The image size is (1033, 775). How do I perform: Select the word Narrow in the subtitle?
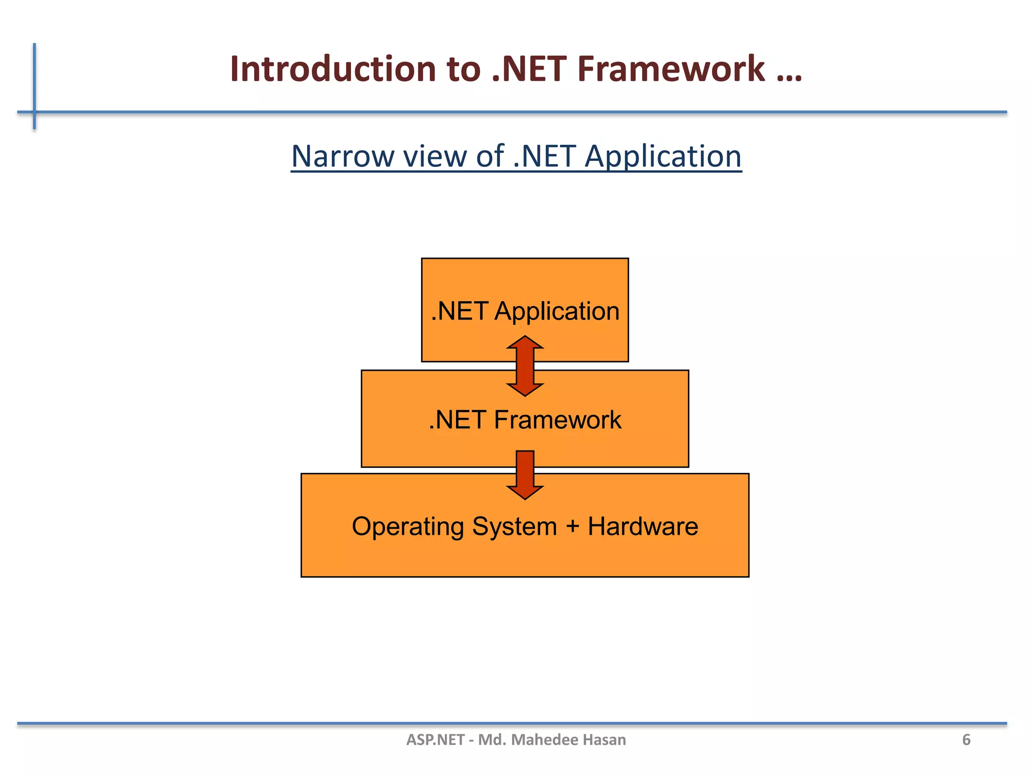[x=343, y=156]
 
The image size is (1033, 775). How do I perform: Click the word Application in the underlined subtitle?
[x=662, y=156]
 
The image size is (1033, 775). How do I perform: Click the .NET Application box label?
[x=525, y=311]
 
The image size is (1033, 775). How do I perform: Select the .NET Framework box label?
[x=525, y=420]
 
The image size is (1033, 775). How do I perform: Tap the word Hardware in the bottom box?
[x=643, y=527]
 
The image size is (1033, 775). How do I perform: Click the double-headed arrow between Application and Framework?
[x=525, y=366]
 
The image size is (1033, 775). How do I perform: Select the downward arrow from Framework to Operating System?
[x=525, y=474]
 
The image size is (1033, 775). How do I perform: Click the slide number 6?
[x=966, y=740]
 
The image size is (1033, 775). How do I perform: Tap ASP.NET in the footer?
[x=435, y=740]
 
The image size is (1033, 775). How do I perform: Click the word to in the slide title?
[x=464, y=69]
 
